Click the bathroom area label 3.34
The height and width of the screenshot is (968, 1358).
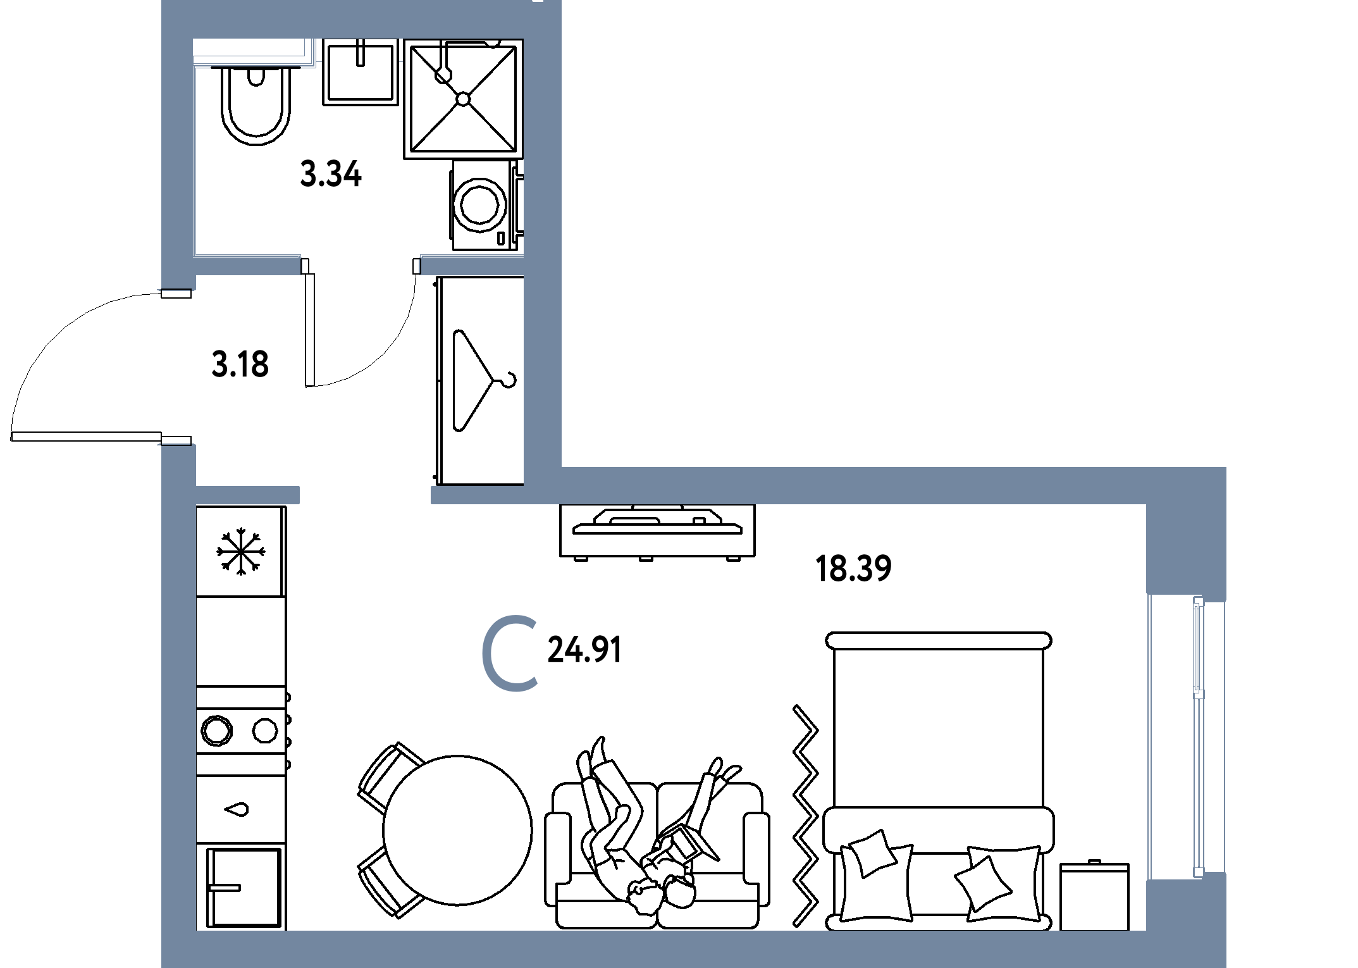tap(331, 174)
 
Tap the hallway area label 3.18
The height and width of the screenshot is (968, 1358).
tap(240, 364)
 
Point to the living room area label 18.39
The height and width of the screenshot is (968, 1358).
tap(853, 568)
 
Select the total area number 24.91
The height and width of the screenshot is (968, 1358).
tap(584, 650)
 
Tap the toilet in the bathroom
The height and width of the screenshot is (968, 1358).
tap(256, 104)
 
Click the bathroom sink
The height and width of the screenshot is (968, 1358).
tap(360, 71)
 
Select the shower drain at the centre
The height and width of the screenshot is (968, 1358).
tap(463, 99)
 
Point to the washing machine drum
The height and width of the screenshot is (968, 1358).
tap(480, 204)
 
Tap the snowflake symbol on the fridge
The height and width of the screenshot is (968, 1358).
tap(241, 552)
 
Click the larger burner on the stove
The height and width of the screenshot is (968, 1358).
tap(217, 731)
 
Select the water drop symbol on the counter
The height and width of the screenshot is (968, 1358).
tap(237, 809)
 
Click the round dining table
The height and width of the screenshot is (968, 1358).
tap(457, 830)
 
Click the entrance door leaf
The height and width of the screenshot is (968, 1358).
tap(86, 437)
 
